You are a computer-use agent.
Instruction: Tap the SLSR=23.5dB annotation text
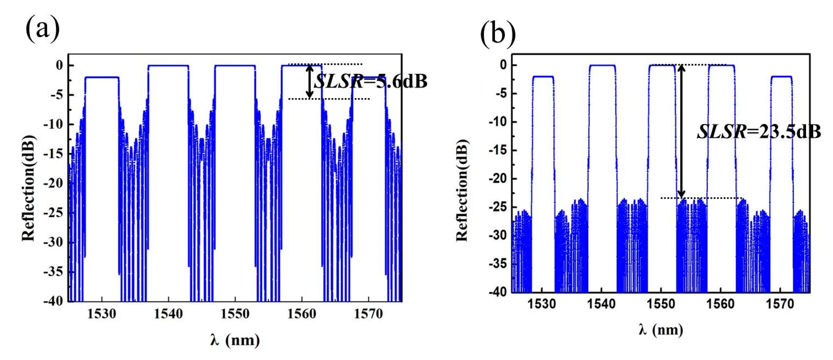[758, 132]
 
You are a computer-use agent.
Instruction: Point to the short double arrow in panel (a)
[310, 82]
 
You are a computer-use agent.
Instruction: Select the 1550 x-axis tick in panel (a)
[235, 314]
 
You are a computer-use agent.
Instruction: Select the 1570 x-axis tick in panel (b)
[780, 304]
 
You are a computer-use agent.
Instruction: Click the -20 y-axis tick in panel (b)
[498, 179]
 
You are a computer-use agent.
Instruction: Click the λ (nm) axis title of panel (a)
[235, 340]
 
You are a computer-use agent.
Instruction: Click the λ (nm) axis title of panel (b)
[661, 330]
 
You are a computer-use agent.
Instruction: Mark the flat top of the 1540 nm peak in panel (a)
[168, 66]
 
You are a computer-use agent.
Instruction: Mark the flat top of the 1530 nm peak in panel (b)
[543, 77]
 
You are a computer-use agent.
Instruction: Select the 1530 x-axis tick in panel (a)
[101, 314]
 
